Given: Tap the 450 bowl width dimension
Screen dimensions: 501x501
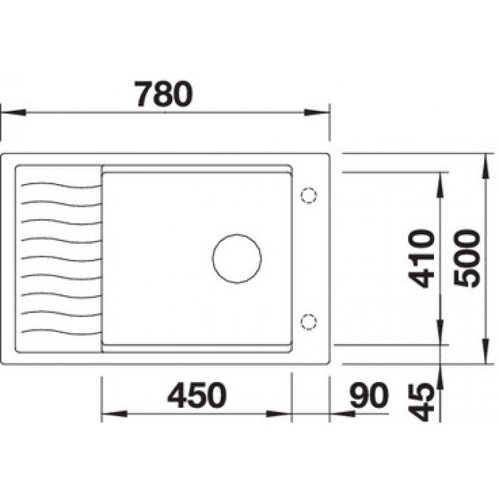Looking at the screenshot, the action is [197, 395].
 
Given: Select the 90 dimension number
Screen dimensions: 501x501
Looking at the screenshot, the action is [369, 395].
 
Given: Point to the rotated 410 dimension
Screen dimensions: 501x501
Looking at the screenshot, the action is [421, 258].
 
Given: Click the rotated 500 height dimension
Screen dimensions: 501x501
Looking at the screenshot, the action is [467, 258].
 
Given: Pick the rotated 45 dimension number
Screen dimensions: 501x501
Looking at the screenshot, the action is [421, 402].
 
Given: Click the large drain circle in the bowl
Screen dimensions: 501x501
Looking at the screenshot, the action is [237, 259].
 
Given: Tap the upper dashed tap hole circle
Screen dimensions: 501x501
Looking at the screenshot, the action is [309, 195].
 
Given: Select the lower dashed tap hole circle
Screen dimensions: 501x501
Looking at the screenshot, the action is [309, 321].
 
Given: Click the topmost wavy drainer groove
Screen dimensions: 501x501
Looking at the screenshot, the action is [61, 185].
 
